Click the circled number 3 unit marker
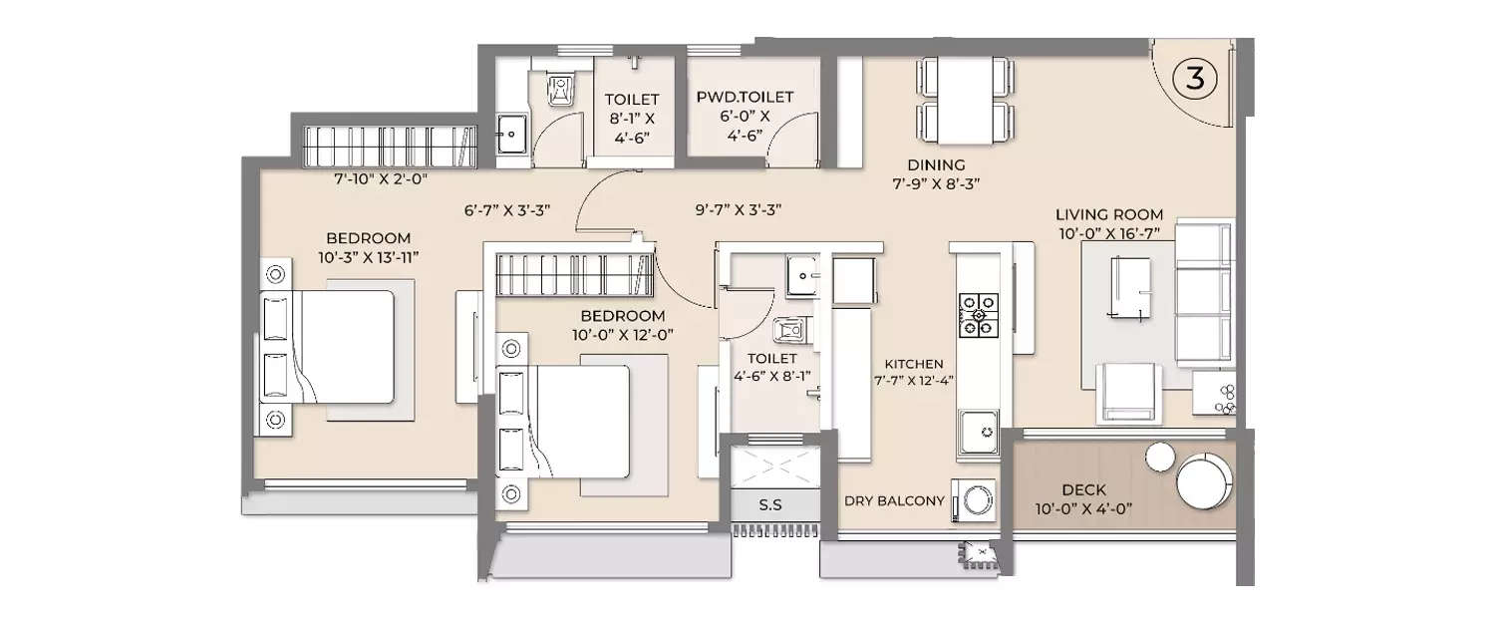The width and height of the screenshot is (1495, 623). [1193, 80]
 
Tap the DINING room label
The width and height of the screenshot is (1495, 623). [936, 164]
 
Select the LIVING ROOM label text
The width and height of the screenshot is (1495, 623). [1109, 214]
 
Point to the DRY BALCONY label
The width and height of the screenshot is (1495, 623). [894, 501]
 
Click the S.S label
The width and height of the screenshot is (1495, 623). [769, 505]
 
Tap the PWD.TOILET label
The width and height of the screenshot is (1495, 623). [746, 97]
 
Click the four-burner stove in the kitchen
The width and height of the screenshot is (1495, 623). [979, 313]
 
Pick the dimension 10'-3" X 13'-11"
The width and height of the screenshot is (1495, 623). [368, 257]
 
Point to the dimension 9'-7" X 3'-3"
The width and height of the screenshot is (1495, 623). [738, 210]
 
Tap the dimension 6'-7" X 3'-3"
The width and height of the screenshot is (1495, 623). [507, 210]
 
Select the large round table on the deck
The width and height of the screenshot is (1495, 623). [1205, 482]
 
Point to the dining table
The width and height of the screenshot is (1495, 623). [964, 100]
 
